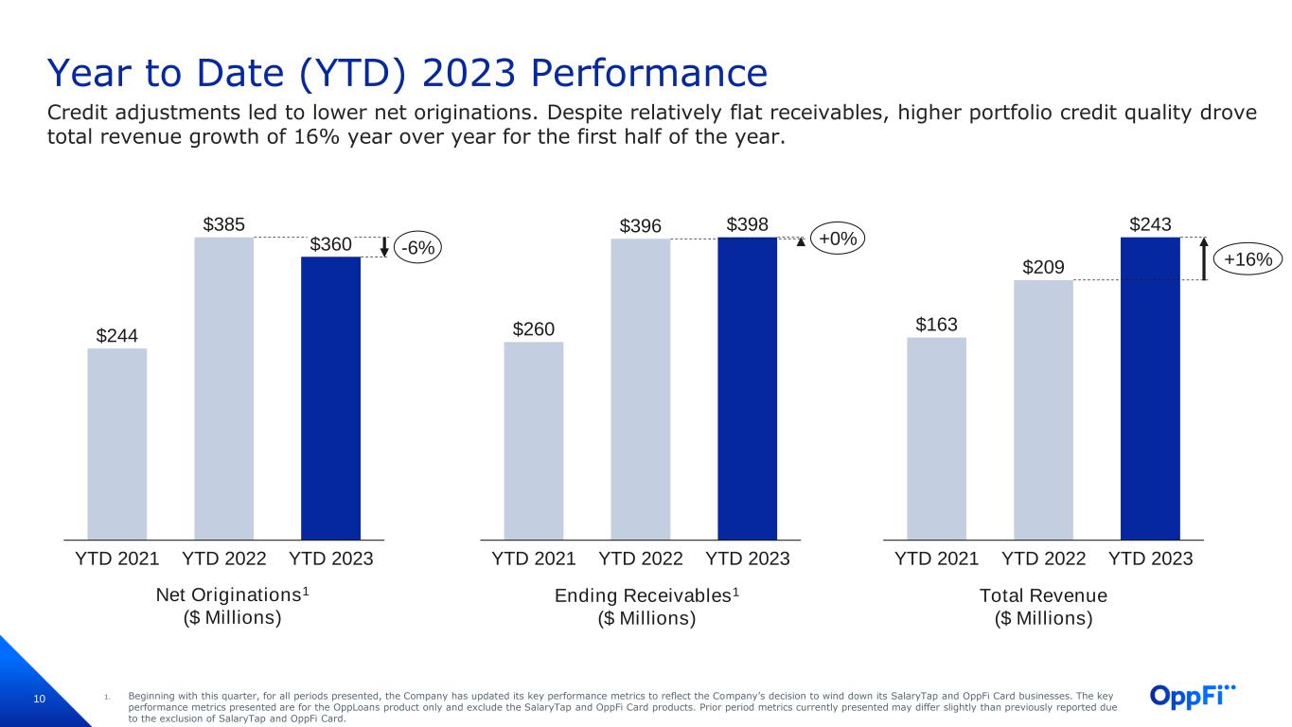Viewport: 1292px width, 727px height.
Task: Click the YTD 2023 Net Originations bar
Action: coord(330,399)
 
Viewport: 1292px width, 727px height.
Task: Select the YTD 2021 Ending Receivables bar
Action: coord(534,441)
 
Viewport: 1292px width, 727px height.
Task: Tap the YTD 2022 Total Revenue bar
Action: coord(1043,410)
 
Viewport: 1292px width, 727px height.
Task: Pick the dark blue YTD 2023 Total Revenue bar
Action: coord(1150,388)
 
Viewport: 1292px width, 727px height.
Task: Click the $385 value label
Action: coord(223,224)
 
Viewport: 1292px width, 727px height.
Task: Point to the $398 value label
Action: coord(747,224)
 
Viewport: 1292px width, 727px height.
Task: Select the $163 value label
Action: coord(937,325)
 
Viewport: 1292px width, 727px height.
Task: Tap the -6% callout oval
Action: coord(417,247)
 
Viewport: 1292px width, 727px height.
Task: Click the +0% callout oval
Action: coord(838,239)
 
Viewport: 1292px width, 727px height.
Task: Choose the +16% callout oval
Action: coord(1248,258)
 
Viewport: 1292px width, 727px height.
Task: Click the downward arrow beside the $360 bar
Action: coord(384,246)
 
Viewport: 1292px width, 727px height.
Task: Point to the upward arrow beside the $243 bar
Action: coord(1204,258)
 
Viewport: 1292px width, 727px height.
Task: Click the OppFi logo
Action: coord(1193,696)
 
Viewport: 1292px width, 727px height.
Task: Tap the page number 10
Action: coord(39,699)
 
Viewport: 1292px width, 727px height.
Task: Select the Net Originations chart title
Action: coord(233,606)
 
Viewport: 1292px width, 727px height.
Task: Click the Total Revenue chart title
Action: coord(1043,607)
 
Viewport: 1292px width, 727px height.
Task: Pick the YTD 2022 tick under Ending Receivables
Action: coord(640,559)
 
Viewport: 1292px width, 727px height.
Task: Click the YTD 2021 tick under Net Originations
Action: coord(117,559)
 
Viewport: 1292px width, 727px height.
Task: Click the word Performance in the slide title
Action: coord(649,73)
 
